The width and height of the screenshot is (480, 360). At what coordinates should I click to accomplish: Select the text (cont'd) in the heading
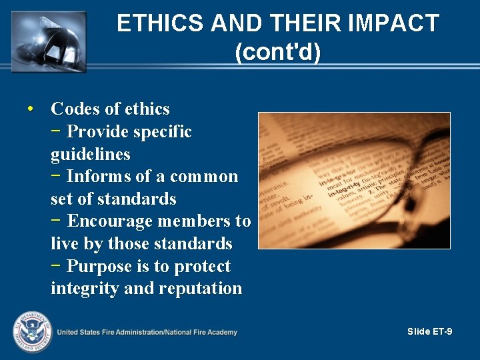(278, 52)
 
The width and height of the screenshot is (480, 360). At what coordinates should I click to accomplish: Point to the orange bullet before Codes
(31, 108)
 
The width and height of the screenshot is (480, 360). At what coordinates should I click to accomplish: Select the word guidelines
(90, 155)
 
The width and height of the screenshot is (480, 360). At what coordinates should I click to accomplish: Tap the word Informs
(98, 177)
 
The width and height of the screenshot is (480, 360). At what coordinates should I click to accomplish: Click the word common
(203, 177)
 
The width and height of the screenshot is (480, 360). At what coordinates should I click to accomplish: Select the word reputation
(201, 289)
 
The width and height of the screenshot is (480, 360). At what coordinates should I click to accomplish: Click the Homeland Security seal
(31, 331)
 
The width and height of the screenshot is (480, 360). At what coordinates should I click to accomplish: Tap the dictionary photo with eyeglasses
(354, 180)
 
